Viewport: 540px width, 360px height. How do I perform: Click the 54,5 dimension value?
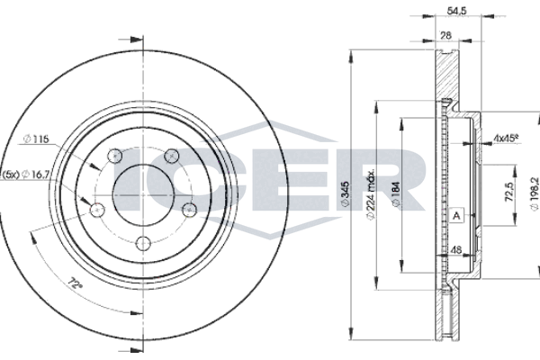point(456,11)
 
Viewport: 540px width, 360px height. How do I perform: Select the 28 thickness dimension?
point(446,35)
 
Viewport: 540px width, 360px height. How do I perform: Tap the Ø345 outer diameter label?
point(345,194)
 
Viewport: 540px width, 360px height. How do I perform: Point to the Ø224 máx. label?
point(370,194)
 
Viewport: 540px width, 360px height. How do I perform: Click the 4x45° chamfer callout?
point(506,138)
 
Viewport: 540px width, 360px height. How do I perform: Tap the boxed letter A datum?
point(456,216)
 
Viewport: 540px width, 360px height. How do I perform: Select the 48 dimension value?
point(456,250)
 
